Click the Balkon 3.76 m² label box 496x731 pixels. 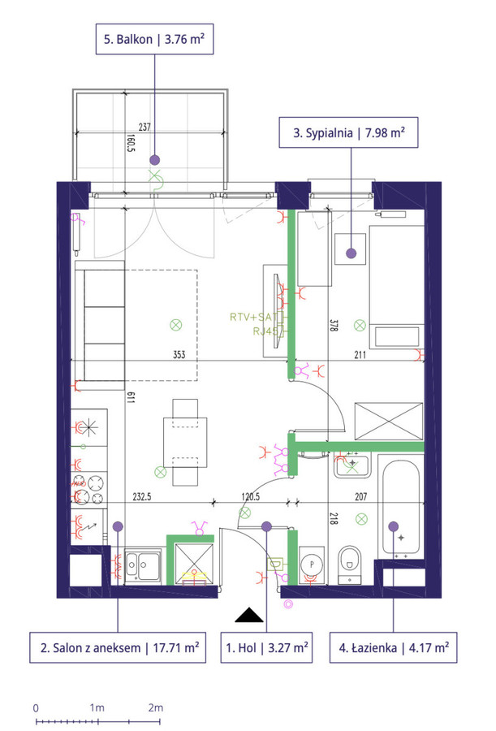[155, 39]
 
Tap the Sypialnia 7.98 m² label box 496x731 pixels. [348, 133]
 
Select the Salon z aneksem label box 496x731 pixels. [118, 647]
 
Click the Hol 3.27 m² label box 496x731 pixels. [266, 647]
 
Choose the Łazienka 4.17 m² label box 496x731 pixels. [394, 647]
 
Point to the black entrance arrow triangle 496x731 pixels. [249, 616]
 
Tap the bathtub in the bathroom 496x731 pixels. [401, 507]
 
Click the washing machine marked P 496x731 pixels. [312, 565]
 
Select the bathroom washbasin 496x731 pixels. [352, 465]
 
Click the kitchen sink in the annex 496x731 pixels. [143, 565]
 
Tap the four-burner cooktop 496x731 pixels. [89, 489]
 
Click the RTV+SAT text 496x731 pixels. [253, 317]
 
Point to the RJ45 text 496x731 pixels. [265, 331]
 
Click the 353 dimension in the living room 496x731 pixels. [179, 355]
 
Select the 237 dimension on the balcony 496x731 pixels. [144, 127]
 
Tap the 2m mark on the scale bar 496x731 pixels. [156, 707]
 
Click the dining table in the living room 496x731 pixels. [185, 443]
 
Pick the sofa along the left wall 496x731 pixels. [100, 325]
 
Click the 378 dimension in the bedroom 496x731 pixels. [333, 325]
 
